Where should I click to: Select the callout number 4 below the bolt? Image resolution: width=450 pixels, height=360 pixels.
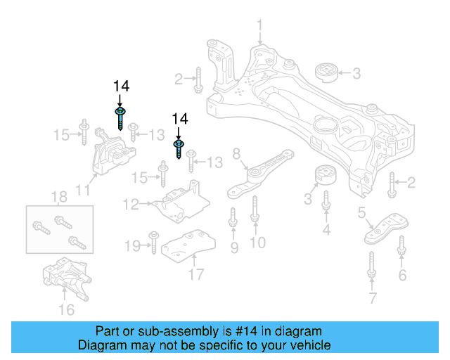point(326,229)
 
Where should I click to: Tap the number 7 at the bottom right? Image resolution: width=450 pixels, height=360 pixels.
point(371,300)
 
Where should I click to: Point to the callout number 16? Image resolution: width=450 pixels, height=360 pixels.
point(65,309)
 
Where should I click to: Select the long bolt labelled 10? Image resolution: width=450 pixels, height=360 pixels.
point(255,211)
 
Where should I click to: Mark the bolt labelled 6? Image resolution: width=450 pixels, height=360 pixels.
point(401,247)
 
